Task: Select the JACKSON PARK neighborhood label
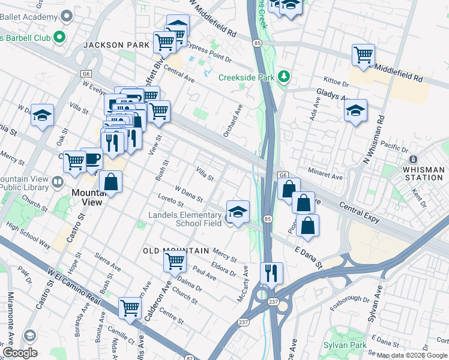coord(112,45)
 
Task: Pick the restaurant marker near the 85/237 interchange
coord(271,272)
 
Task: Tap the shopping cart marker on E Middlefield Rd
coord(363,55)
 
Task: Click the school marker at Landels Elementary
coord(238,211)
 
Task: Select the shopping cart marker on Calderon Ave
coord(175,261)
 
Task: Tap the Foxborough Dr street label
coord(351,298)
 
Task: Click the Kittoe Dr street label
coord(336,82)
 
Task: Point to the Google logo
coord(20,352)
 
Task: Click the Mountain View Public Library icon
coord(57,181)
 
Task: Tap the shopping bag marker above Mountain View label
coord(111,182)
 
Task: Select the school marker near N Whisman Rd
coord(355,110)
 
